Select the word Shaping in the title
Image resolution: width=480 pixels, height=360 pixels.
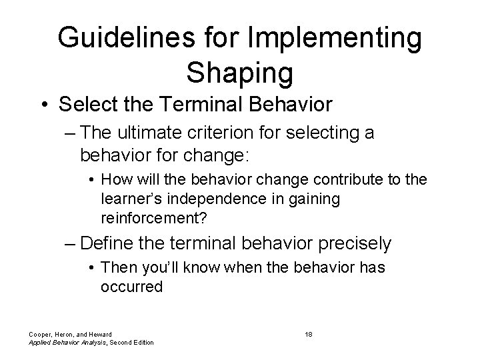coord(239,73)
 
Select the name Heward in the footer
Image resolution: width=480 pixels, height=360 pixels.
coord(97,333)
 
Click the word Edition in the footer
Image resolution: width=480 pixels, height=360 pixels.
coord(140,342)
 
